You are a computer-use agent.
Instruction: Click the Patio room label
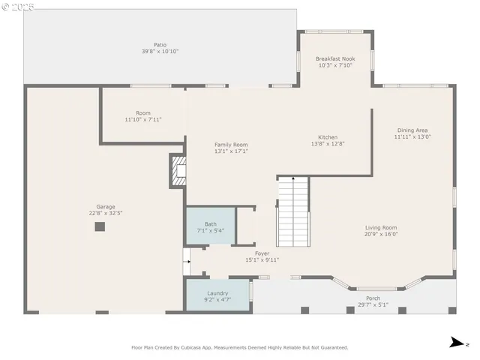(160, 44)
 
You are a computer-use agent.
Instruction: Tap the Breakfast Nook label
(334, 58)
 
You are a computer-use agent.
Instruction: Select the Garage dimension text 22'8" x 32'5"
(105, 213)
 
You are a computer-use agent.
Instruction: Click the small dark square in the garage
(99, 226)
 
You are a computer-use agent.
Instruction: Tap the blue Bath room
(210, 225)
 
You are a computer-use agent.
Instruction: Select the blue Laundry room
(217, 295)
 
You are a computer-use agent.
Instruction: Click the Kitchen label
(328, 137)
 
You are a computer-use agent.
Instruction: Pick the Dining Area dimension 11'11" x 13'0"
(413, 137)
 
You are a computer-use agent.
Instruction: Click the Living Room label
(381, 227)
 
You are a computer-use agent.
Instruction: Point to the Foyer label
(262, 253)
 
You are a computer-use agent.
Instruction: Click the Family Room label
(231, 145)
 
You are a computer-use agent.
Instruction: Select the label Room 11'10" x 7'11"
(142, 116)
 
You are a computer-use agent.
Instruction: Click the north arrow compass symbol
(455, 343)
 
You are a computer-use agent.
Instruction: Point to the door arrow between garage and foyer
(186, 263)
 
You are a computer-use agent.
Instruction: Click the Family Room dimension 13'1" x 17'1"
(231, 151)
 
